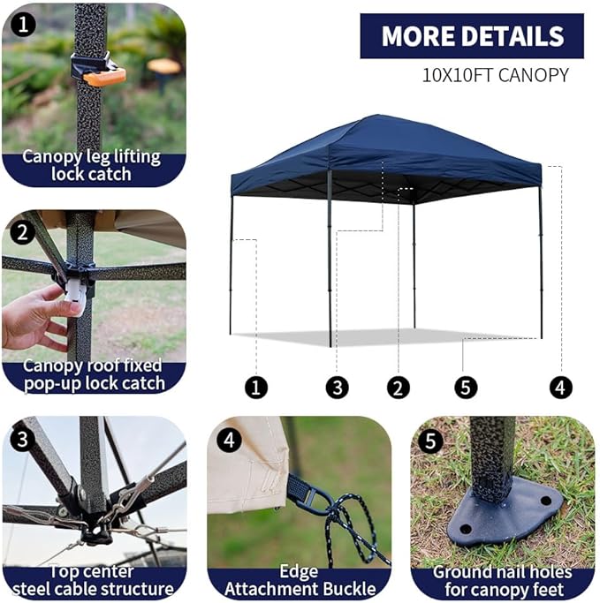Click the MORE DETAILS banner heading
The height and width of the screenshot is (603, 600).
pos(472,36)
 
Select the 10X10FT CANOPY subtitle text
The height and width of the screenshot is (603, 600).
pos(495,74)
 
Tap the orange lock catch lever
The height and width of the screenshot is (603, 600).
pos(104,76)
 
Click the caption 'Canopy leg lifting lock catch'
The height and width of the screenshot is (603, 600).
pos(92,165)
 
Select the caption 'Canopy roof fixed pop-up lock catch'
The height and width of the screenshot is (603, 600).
pos(94,374)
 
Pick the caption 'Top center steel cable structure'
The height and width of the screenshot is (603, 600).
pos(94,580)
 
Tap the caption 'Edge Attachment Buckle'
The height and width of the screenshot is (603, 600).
pos(300,580)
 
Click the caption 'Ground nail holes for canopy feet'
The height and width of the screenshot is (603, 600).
pos(502,580)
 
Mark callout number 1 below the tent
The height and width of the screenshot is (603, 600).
pos(256,387)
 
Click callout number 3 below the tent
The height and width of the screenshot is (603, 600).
pos(336,387)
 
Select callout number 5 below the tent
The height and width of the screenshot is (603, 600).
pos(466,387)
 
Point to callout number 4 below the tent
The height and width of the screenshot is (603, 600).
pos(560,387)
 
